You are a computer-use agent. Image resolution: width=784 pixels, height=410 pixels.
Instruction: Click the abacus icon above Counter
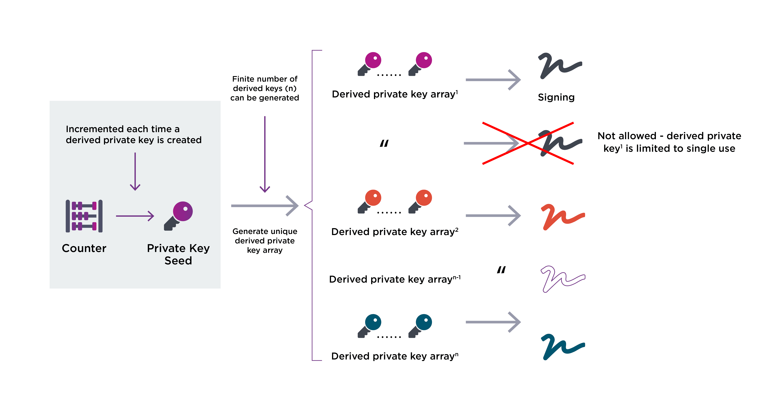coord(84,216)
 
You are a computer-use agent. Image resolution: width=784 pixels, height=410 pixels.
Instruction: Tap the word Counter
coord(84,248)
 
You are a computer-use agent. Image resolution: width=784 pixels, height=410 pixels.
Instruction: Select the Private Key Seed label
coord(178,254)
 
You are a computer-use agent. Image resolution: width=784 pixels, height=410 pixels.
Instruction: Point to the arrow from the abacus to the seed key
coord(135,216)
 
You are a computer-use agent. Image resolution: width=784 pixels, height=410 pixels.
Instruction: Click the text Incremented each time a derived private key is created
coord(134,134)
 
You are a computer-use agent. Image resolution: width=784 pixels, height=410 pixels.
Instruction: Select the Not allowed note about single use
coord(669,142)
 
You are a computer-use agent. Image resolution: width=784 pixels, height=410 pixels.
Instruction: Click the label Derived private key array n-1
coord(395,279)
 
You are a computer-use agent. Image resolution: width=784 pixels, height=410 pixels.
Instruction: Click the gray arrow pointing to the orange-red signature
coord(493,216)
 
